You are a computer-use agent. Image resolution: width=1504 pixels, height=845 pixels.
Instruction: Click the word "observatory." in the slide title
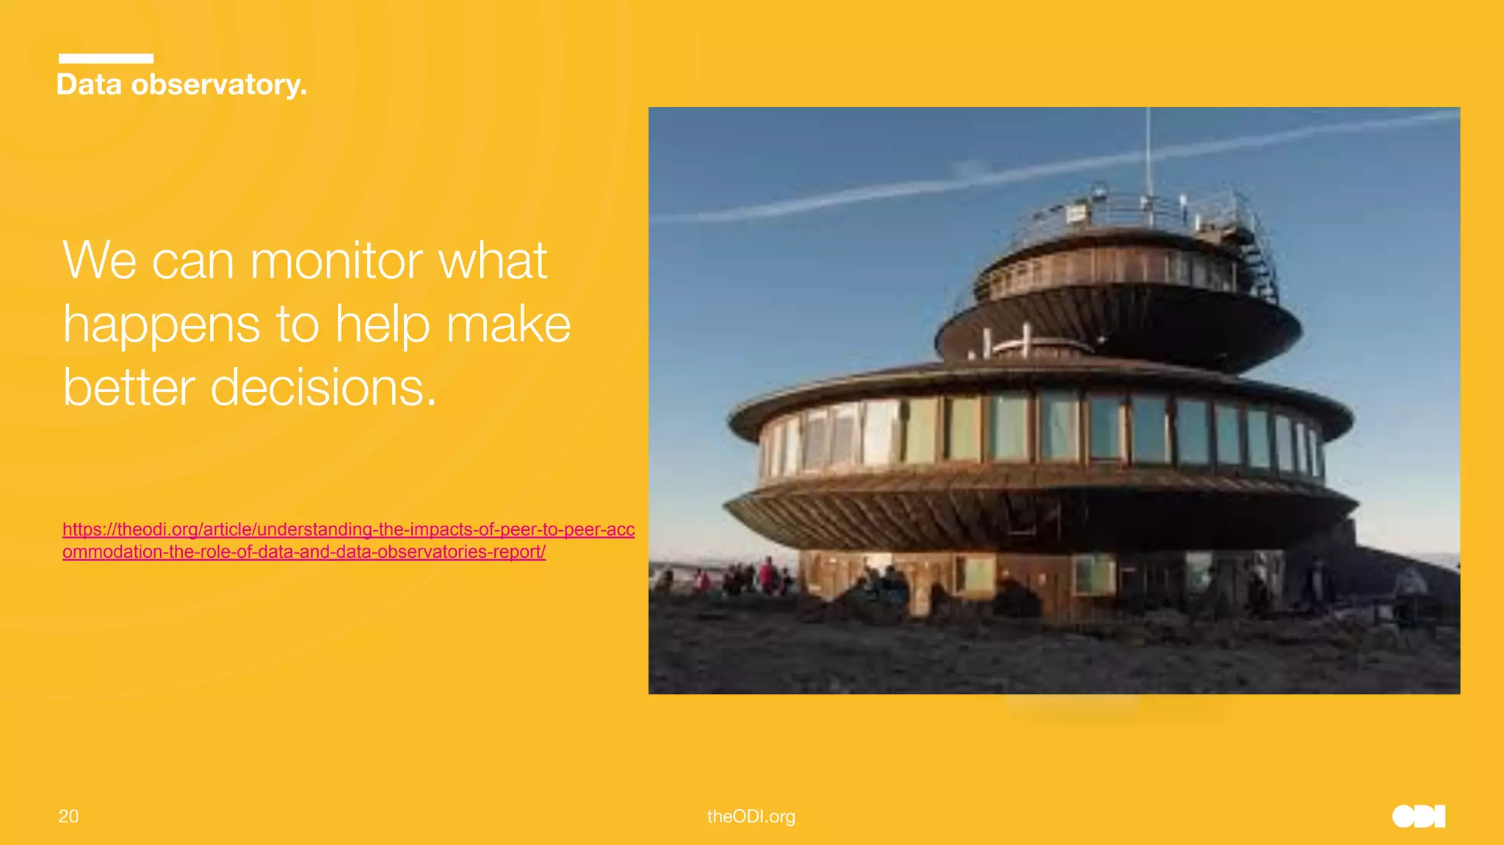[219, 85]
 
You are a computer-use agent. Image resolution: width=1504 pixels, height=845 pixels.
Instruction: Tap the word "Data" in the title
[89, 85]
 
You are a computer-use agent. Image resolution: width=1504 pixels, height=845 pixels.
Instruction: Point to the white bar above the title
[106, 59]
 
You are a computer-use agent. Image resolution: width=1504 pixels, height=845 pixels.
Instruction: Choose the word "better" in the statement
[129, 388]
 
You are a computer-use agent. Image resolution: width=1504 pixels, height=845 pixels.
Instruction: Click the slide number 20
[68, 816]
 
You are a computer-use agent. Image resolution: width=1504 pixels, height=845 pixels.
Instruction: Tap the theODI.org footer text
[751, 816]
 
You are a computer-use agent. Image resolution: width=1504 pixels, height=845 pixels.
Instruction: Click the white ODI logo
[1418, 816]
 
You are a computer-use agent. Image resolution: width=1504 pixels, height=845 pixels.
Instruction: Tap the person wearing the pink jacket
[767, 574]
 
